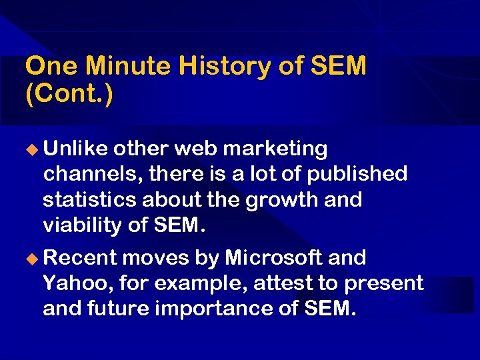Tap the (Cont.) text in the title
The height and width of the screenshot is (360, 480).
[69, 93]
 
